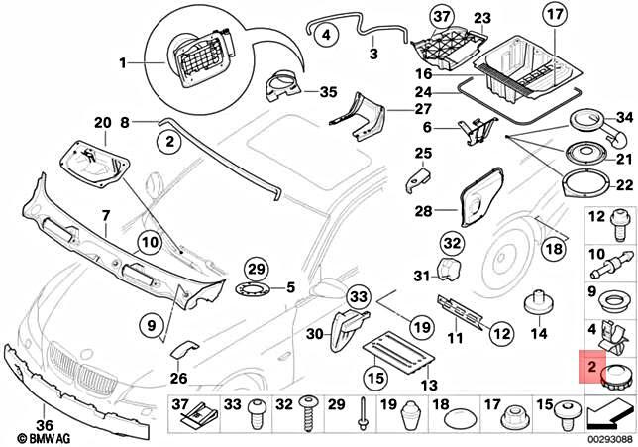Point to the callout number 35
[x=328, y=92]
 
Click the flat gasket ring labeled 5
[x=254, y=291]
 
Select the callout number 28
[x=422, y=210]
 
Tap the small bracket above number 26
[x=182, y=350]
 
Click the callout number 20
[x=101, y=122]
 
